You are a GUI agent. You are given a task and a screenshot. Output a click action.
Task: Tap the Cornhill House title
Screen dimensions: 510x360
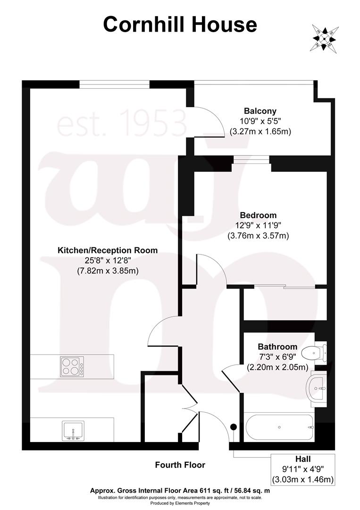click(180, 25)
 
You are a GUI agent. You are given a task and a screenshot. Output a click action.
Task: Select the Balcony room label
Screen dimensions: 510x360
click(260, 111)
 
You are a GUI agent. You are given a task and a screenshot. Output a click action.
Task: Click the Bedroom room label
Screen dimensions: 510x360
click(258, 215)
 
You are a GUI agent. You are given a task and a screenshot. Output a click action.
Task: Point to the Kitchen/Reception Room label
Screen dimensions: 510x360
click(108, 250)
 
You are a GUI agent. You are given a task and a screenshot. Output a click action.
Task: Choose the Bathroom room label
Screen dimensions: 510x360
click(277, 347)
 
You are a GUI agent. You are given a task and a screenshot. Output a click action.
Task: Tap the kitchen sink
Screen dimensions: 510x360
click(73, 431)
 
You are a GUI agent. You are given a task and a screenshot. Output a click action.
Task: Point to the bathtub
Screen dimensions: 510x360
click(279, 427)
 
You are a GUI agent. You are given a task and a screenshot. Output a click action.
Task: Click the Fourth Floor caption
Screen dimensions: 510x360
click(180, 465)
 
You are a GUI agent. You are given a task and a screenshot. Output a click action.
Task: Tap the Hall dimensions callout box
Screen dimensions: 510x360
click(302, 469)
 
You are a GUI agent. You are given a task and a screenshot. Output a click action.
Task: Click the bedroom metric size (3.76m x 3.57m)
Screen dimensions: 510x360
click(258, 235)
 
